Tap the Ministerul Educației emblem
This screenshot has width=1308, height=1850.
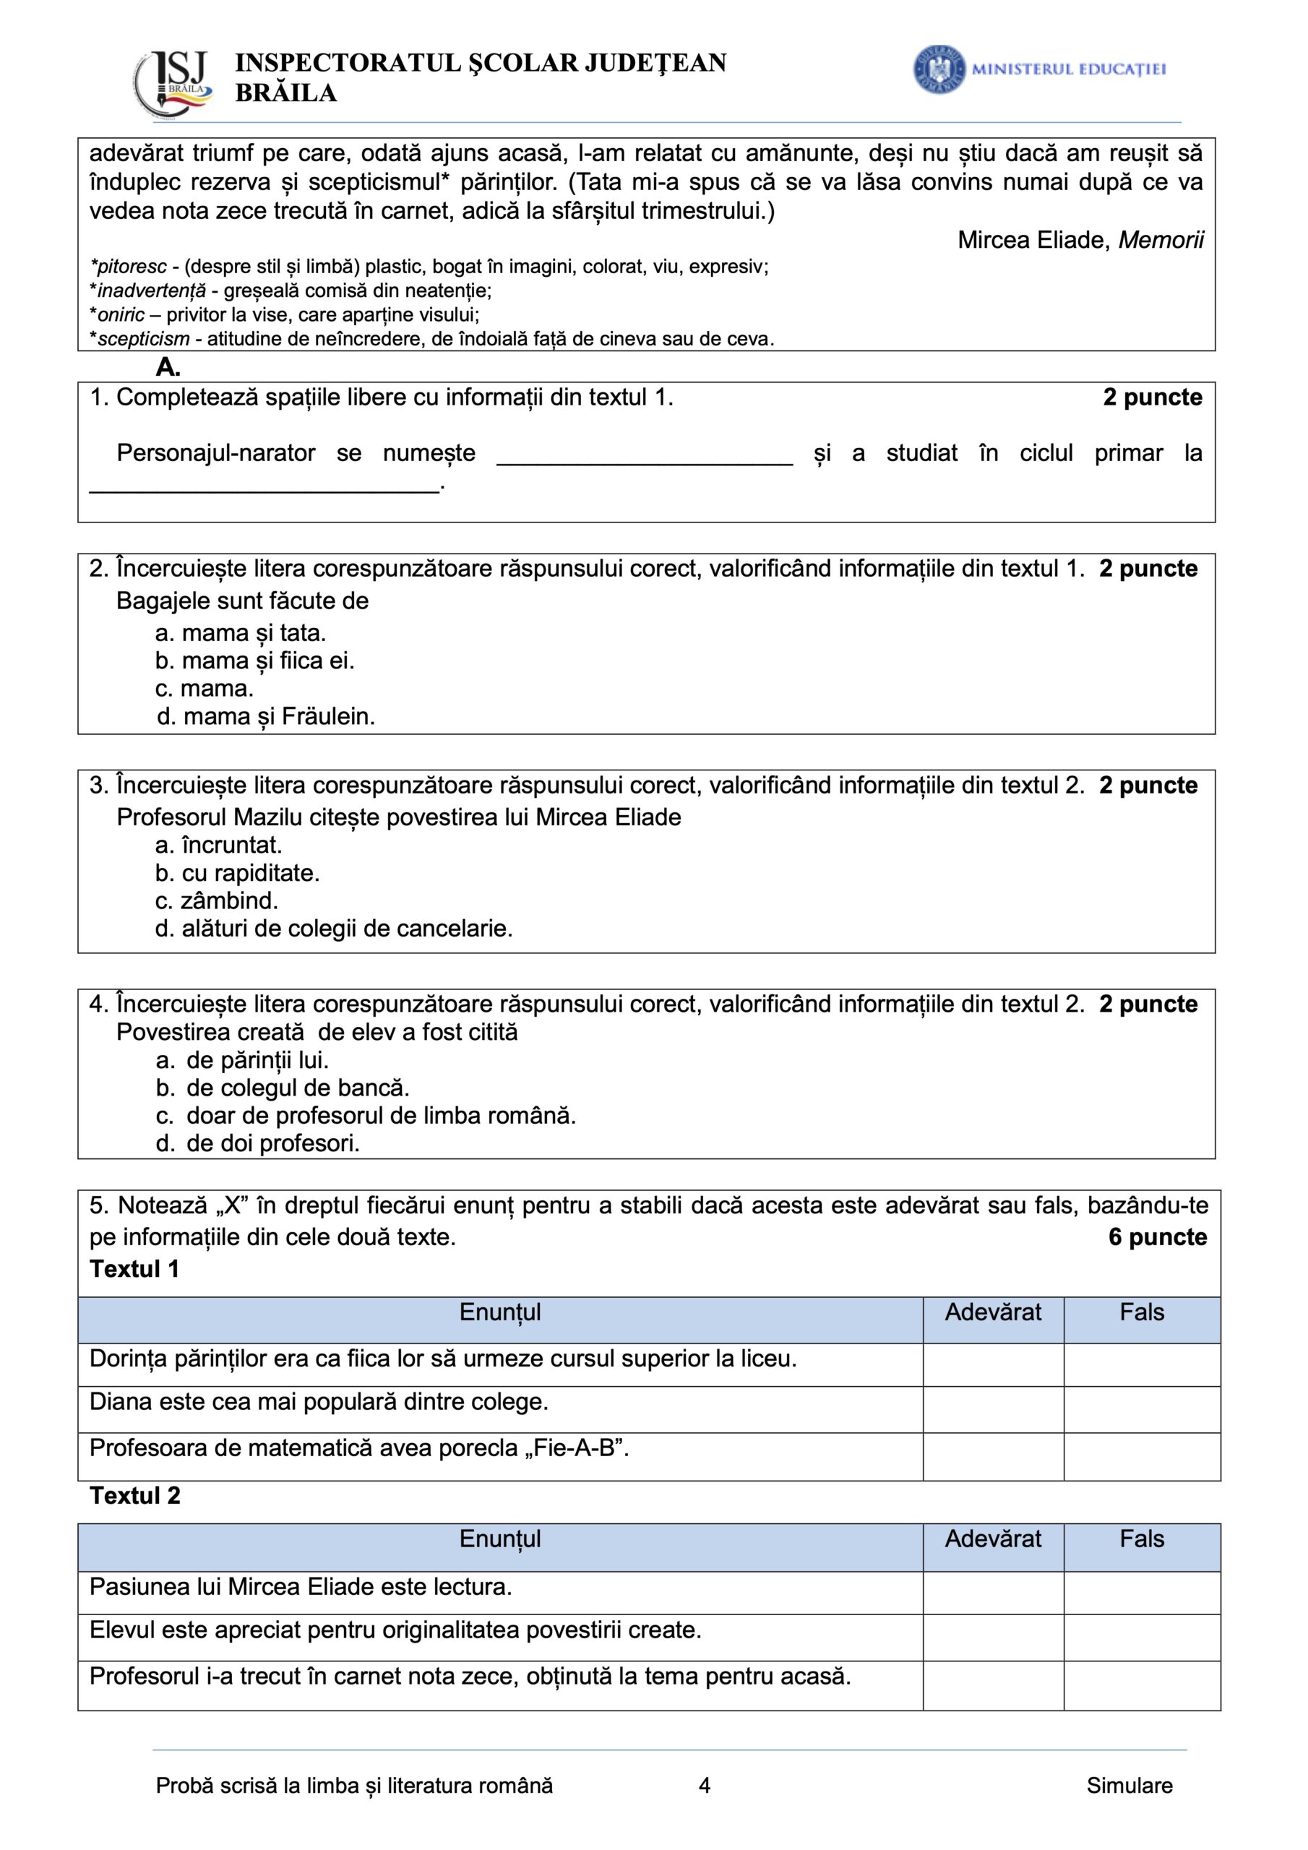(x=939, y=69)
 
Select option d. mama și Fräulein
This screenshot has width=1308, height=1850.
(x=266, y=716)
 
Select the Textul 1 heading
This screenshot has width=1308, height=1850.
(x=134, y=1269)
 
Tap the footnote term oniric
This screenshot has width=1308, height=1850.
(x=121, y=314)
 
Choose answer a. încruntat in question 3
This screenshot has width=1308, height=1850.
(x=218, y=845)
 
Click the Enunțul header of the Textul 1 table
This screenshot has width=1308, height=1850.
(x=499, y=1312)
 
